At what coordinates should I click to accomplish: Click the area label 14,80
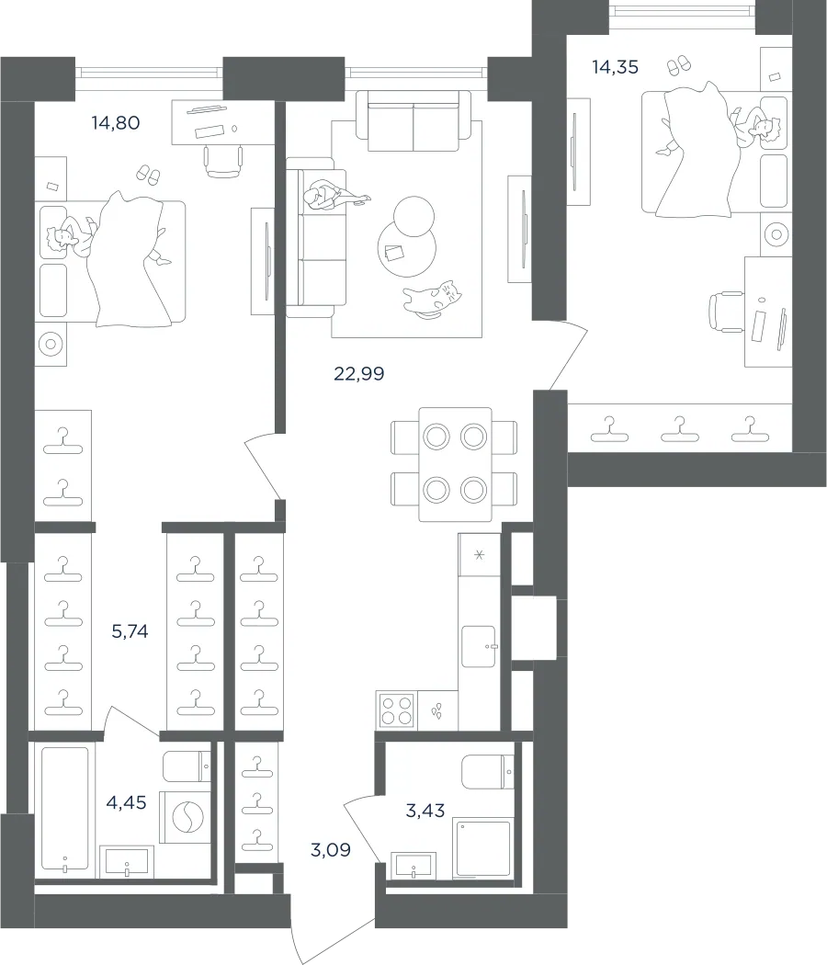[116, 123]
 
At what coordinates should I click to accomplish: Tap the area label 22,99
[358, 373]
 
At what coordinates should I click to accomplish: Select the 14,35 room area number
[615, 67]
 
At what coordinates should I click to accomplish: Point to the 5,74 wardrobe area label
[130, 631]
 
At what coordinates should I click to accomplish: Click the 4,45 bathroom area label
[126, 802]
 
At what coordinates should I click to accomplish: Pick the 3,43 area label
[425, 811]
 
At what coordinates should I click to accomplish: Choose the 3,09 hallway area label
[331, 850]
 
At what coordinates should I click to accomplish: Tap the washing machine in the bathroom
[185, 817]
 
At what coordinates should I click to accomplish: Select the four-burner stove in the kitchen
[397, 710]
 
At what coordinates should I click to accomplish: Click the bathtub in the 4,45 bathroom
[64, 809]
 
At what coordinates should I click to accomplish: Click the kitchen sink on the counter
[478, 646]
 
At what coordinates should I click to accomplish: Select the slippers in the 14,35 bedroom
[679, 64]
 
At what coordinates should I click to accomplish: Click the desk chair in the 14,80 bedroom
[223, 161]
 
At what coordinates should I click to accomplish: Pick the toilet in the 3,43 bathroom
[487, 772]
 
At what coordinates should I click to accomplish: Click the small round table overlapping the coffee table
[413, 216]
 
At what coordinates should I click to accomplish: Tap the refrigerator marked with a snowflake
[480, 554]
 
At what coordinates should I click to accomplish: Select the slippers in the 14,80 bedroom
[148, 175]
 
